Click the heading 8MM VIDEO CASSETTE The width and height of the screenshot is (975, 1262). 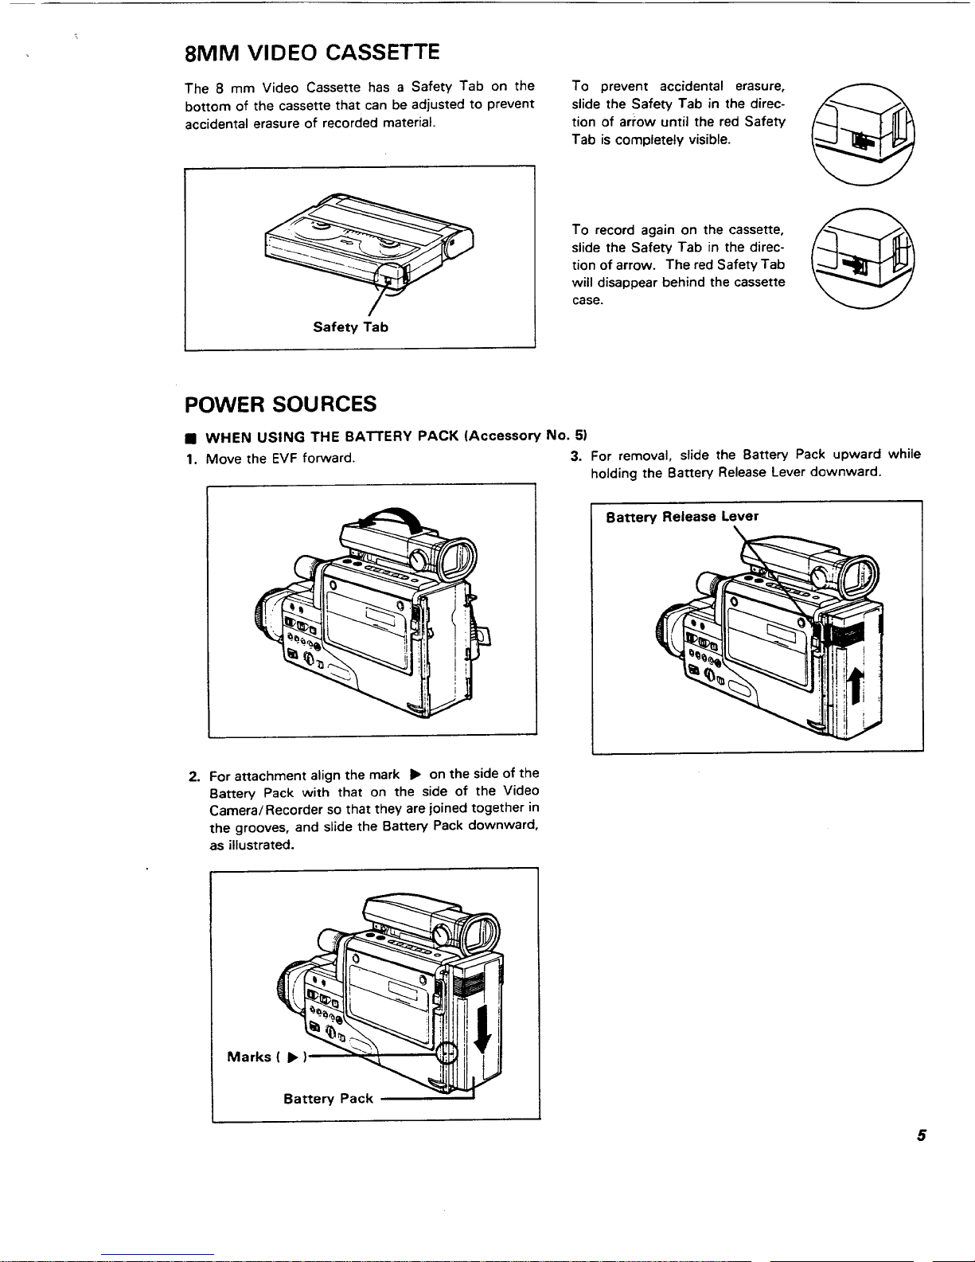point(311,53)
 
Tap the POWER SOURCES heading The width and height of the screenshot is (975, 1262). point(280,404)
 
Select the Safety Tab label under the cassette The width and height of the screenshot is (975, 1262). point(350,327)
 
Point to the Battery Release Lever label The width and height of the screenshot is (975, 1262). point(682,517)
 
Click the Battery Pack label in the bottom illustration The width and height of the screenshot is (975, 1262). point(328,1099)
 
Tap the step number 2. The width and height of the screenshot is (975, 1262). point(193,775)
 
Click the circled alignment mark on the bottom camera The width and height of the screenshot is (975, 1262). point(448,1053)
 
